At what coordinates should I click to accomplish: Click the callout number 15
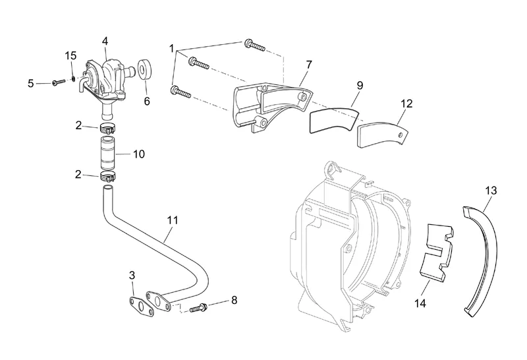point(70,55)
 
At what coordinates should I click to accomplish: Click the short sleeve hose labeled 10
point(108,153)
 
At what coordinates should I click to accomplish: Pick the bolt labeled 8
point(199,307)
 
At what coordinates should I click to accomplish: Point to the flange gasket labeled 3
point(141,307)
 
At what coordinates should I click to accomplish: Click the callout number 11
point(173,220)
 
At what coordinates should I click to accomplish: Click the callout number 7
point(309,65)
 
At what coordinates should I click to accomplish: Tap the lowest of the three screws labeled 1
point(180,92)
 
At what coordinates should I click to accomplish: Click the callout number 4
point(105,41)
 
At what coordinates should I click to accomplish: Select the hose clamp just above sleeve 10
point(107,128)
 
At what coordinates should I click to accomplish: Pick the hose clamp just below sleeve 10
point(107,175)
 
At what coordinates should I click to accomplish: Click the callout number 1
point(172,49)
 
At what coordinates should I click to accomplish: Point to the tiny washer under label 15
point(73,78)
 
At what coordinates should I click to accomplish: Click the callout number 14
point(420,303)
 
